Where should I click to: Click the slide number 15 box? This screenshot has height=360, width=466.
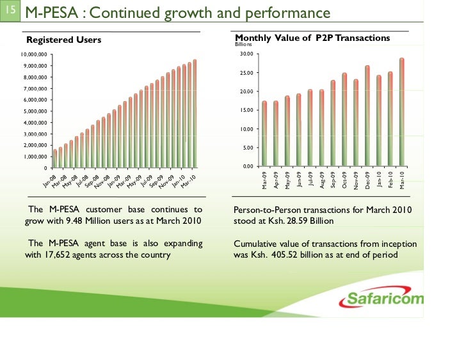coord(10,11)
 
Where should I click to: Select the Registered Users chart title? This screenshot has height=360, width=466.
coord(63,40)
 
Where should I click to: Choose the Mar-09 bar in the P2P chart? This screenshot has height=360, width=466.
coord(264,135)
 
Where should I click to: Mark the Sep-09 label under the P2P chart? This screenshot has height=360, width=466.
coord(333,180)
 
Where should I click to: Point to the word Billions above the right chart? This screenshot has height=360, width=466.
coord(244,45)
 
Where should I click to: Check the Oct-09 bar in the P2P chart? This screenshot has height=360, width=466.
coord(344,121)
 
